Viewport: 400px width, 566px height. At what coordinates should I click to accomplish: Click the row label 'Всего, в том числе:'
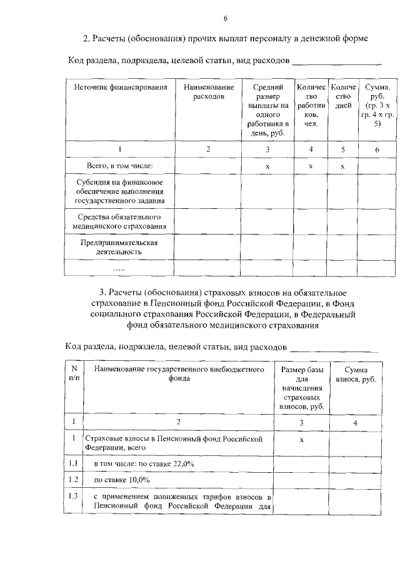119,166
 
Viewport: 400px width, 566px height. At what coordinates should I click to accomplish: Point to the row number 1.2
74,480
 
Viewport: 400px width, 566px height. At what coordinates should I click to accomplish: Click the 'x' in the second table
302,440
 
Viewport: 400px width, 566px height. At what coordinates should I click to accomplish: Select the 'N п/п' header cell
74,374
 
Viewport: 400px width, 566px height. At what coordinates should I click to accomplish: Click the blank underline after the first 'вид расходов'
337,63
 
